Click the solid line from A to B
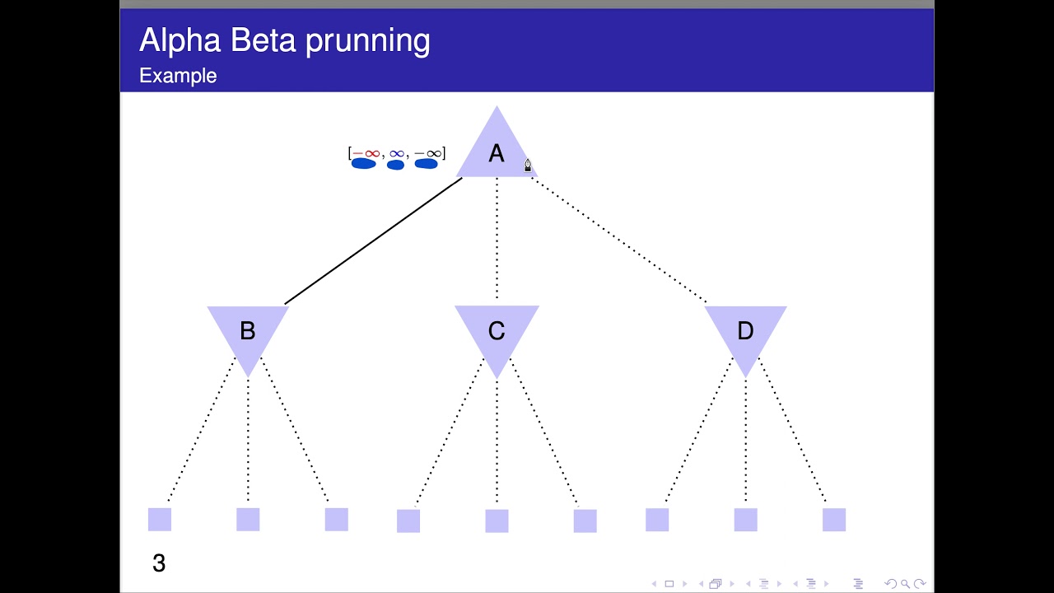pos(373,240)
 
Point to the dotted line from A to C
pos(497,239)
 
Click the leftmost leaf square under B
pos(160,519)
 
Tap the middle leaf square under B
pos(248,519)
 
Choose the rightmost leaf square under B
pos(336,519)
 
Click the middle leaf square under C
pos(497,521)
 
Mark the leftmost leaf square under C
pos(408,521)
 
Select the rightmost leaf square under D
pos(833,519)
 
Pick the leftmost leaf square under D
pos(657,519)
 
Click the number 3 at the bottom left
pos(159,563)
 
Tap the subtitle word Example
pos(178,76)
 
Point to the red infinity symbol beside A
pos(371,153)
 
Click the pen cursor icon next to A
pos(528,166)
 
